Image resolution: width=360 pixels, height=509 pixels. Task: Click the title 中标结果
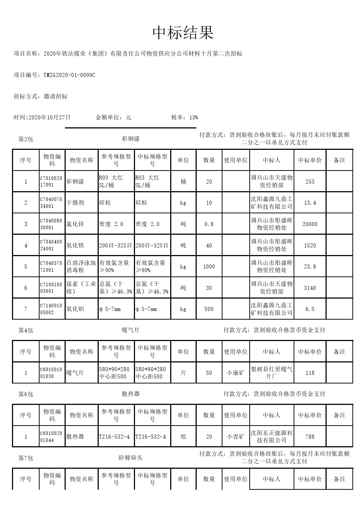point(183,33)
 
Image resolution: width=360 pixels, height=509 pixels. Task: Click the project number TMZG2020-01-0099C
point(69,75)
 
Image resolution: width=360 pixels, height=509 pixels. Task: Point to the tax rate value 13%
point(193,118)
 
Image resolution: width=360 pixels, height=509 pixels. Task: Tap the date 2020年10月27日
point(49,117)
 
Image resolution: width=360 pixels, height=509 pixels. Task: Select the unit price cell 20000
point(310,224)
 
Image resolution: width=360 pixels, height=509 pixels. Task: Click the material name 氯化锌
point(75,224)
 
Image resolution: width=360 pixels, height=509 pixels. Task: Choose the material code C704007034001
point(51,203)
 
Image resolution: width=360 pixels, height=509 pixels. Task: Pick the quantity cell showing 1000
point(209,267)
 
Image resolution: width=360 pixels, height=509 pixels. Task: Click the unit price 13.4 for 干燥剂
point(310,203)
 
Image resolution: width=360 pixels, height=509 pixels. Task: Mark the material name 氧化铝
point(75,309)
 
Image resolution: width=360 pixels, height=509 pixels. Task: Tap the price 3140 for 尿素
point(310,288)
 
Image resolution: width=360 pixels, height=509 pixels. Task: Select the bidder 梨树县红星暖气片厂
point(272,373)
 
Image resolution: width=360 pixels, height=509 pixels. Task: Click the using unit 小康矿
point(236,373)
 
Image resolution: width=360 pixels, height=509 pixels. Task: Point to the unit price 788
point(310,437)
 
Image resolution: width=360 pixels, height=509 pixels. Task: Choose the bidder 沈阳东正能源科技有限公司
point(272,437)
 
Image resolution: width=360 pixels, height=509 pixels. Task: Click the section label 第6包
point(26,394)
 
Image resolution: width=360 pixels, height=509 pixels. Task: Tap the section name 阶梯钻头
point(131,458)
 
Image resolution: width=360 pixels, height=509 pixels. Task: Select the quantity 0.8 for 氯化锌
point(209,224)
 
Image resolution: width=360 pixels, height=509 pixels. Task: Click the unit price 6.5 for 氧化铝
point(310,309)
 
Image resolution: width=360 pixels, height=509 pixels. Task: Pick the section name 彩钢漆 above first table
point(131,139)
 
